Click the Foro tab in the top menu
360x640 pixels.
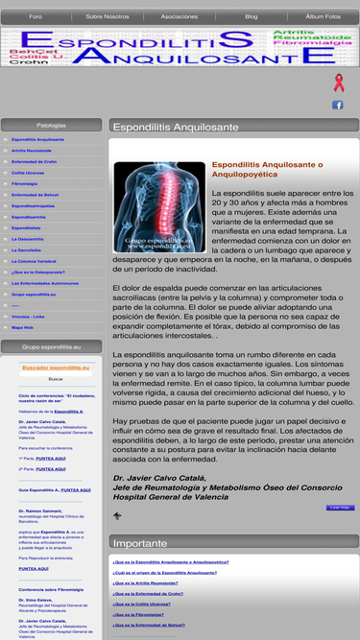pyautogui.click(x=36, y=16)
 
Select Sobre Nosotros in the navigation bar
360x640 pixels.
pyautogui.click(x=108, y=16)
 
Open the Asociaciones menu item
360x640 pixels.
pyautogui.click(x=180, y=16)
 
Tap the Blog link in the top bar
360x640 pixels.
pyautogui.click(x=252, y=16)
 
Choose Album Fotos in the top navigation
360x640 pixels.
pyautogui.click(x=323, y=16)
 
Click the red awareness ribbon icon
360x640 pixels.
pyautogui.click(x=338, y=83)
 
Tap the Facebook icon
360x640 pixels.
pyautogui.click(x=338, y=105)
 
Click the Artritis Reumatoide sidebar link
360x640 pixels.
pyautogui.click(x=32, y=151)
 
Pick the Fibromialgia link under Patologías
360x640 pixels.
pyautogui.click(x=25, y=183)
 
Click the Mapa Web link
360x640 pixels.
pyautogui.click(x=23, y=327)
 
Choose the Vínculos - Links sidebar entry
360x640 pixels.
pyautogui.click(x=28, y=316)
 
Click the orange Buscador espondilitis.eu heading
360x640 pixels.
pyautogui.click(x=55, y=367)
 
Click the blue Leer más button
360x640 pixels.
pyautogui.click(x=340, y=507)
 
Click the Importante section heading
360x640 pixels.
pyautogui.click(x=140, y=543)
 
